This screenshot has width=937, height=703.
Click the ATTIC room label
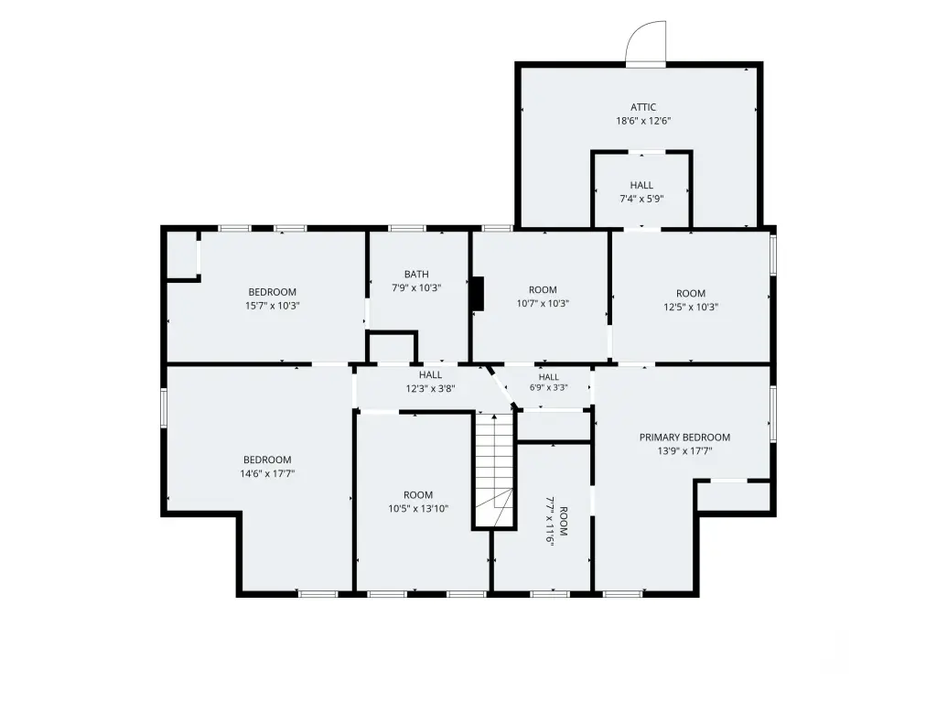click(643, 107)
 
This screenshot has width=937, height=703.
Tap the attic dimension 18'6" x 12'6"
click(643, 121)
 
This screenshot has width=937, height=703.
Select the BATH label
click(416, 275)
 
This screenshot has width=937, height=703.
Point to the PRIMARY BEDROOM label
click(684, 438)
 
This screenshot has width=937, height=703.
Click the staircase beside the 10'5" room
click(494, 470)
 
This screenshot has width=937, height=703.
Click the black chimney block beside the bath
click(478, 294)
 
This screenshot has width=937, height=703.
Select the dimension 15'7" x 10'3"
click(273, 306)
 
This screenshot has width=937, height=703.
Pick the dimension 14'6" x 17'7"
click(267, 474)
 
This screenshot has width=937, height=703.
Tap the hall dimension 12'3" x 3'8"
click(430, 388)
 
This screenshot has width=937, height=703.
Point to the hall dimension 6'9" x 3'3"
click(549, 387)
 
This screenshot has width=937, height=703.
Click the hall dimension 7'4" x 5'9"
click(641, 199)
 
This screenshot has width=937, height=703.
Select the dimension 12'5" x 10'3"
click(691, 308)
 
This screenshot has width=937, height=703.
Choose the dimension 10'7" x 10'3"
click(543, 304)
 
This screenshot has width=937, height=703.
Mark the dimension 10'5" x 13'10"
click(418, 509)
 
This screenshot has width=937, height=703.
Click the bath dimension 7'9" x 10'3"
click(416, 288)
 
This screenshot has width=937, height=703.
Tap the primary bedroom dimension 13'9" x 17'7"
click(684, 451)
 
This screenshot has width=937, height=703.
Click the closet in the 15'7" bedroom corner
click(181, 254)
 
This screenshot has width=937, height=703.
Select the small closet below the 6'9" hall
click(554, 426)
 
